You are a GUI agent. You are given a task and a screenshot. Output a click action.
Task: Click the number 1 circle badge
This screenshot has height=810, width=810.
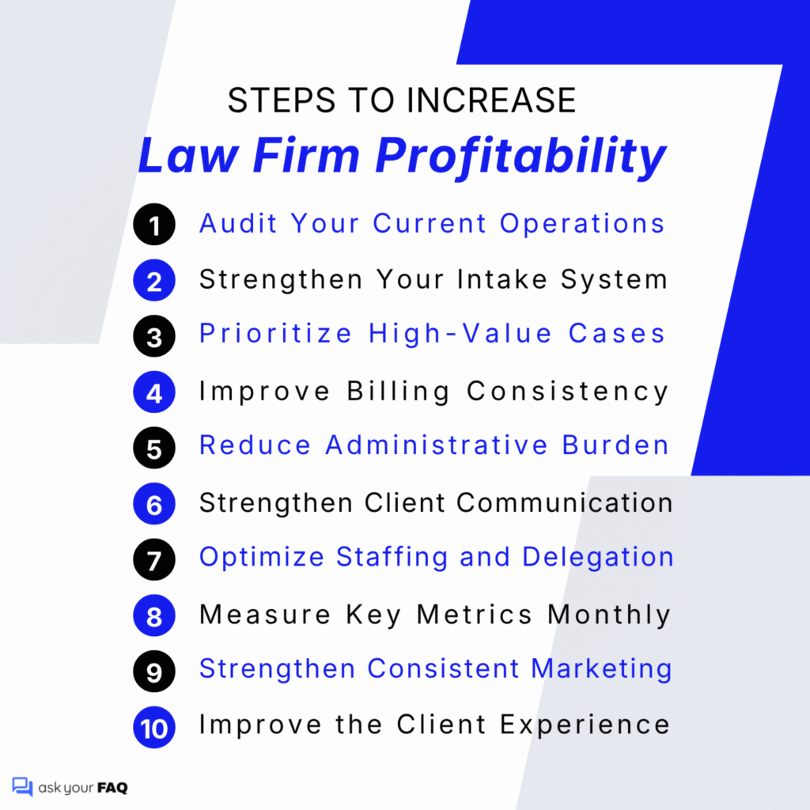(x=153, y=225)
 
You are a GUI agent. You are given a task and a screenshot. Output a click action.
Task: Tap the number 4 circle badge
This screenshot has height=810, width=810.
(x=153, y=392)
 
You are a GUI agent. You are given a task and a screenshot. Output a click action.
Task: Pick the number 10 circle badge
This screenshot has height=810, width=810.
(x=153, y=727)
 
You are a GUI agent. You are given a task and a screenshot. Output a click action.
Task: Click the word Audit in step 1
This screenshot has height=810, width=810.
(x=239, y=224)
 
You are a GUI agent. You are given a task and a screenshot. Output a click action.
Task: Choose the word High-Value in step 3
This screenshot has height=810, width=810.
(x=460, y=335)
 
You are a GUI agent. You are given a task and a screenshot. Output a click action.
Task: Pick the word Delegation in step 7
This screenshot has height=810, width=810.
(x=597, y=558)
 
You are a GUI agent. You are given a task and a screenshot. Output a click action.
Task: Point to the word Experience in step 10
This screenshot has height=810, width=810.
(x=592, y=725)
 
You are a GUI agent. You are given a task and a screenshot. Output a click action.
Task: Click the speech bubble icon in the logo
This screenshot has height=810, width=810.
(x=22, y=787)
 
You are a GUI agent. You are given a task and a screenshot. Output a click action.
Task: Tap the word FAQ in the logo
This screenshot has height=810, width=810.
(x=112, y=788)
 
